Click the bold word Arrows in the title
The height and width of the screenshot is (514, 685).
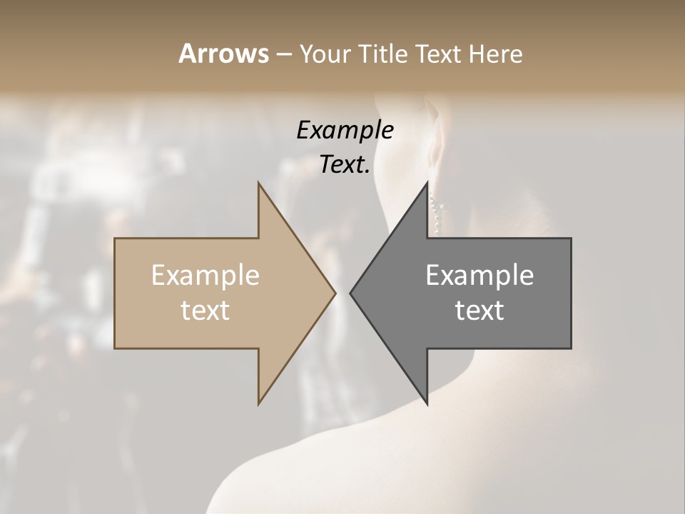coord(223,54)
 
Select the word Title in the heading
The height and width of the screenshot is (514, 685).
coord(386,54)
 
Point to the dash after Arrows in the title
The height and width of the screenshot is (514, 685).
coord(283,55)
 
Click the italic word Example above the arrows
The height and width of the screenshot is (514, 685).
coord(345,131)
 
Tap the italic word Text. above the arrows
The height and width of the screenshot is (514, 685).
coord(345,164)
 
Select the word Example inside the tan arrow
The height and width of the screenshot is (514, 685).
coord(205,276)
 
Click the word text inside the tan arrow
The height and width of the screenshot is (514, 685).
coord(205,311)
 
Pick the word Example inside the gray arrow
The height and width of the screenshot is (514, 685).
coord(479,276)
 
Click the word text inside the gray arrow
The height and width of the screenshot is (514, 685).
coord(479,311)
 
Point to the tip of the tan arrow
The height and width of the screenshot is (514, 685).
coord(335,293)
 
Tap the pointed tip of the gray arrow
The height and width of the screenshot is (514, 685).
coord(351,293)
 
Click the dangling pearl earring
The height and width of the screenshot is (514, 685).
coord(436,211)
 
